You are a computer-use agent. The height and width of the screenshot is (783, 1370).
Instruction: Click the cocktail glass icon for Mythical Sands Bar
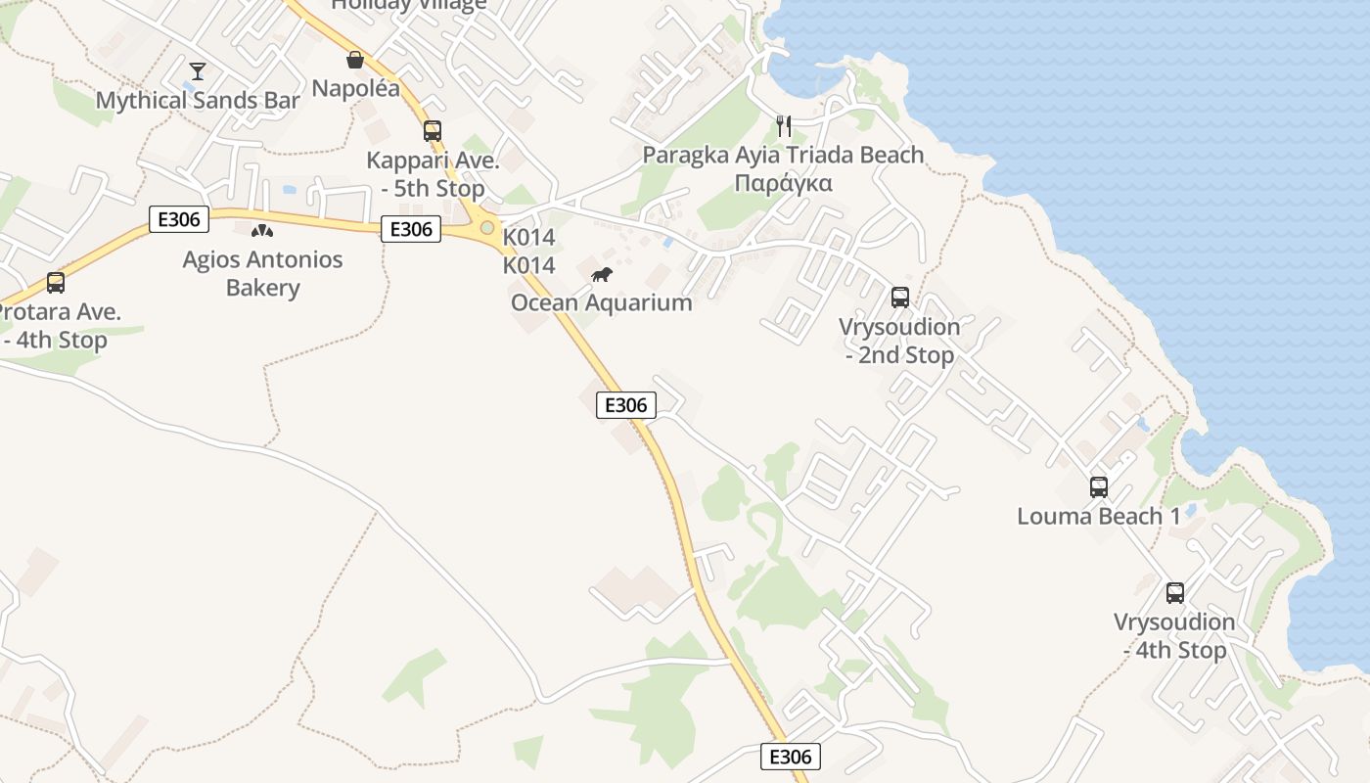[x=198, y=70]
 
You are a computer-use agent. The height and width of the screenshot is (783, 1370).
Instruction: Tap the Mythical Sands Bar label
[x=198, y=100]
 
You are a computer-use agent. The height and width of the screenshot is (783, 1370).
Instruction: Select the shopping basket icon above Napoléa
[x=355, y=60]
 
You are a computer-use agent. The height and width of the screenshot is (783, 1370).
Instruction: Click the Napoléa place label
[x=355, y=88]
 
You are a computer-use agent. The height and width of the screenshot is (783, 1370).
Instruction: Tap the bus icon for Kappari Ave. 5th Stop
[x=432, y=130]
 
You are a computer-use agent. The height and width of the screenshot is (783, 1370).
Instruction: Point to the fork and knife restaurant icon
[x=783, y=125]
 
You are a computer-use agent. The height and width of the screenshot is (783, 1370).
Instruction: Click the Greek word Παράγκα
[x=783, y=183]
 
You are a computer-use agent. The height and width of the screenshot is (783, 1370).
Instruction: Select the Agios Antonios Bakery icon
[x=262, y=231]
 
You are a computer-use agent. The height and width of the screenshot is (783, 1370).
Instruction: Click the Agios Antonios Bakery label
[x=262, y=274]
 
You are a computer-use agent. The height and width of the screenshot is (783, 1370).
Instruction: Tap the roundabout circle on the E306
[x=486, y=227]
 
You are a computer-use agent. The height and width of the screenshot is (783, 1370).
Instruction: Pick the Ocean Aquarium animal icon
[x=602, y=274]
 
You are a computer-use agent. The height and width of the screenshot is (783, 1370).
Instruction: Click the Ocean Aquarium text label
[x=602, y=302]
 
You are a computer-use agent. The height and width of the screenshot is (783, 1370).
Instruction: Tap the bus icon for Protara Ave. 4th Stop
[x=56, y=283]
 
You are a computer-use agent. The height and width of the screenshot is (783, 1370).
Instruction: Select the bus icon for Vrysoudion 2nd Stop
[x=899, y=298]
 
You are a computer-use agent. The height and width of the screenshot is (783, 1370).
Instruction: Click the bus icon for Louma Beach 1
[x=1099, y=486]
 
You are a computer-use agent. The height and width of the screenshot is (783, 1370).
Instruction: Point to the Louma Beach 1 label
[x=1099, y=516]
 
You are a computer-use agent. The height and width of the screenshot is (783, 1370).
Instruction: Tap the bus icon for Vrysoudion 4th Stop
[x=1174, y=592]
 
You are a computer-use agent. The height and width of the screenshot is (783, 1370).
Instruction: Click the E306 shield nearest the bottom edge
[x=790, y=757]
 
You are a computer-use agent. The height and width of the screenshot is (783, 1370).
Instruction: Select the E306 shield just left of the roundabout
[x=410, y=229]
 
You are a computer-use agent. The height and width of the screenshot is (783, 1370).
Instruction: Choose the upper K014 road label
[x=528, y=237]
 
